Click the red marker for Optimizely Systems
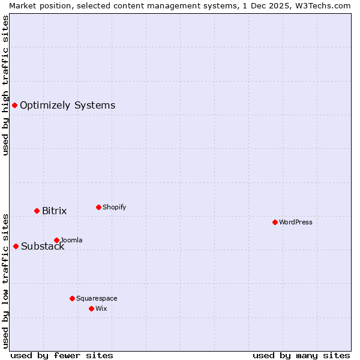click(x=14, y=106)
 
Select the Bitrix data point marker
click(x=37, y=211)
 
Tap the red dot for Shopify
click(x=98, y=207)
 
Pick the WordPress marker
click(x=275, y=222)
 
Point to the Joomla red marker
click(x=56, y=240)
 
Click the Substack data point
click(x=16, y=246)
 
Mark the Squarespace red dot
click(x=72, y=298)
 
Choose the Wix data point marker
click(x=91, y=308)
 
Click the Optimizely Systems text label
click(x=67, y=106)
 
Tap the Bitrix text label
click(x=54, y=211)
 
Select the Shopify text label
click(x=114, y=207)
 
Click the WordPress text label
click(x=295, y=222)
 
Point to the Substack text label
click(x=43, y=246)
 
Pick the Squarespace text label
click(x=97, y=298)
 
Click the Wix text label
click(x=101, y=308)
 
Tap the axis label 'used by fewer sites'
click(x=62, y=355)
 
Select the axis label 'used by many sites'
click(x=301, y=355)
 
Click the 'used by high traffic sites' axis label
click(x=5, y=85)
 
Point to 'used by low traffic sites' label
click(x=5, y=281)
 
